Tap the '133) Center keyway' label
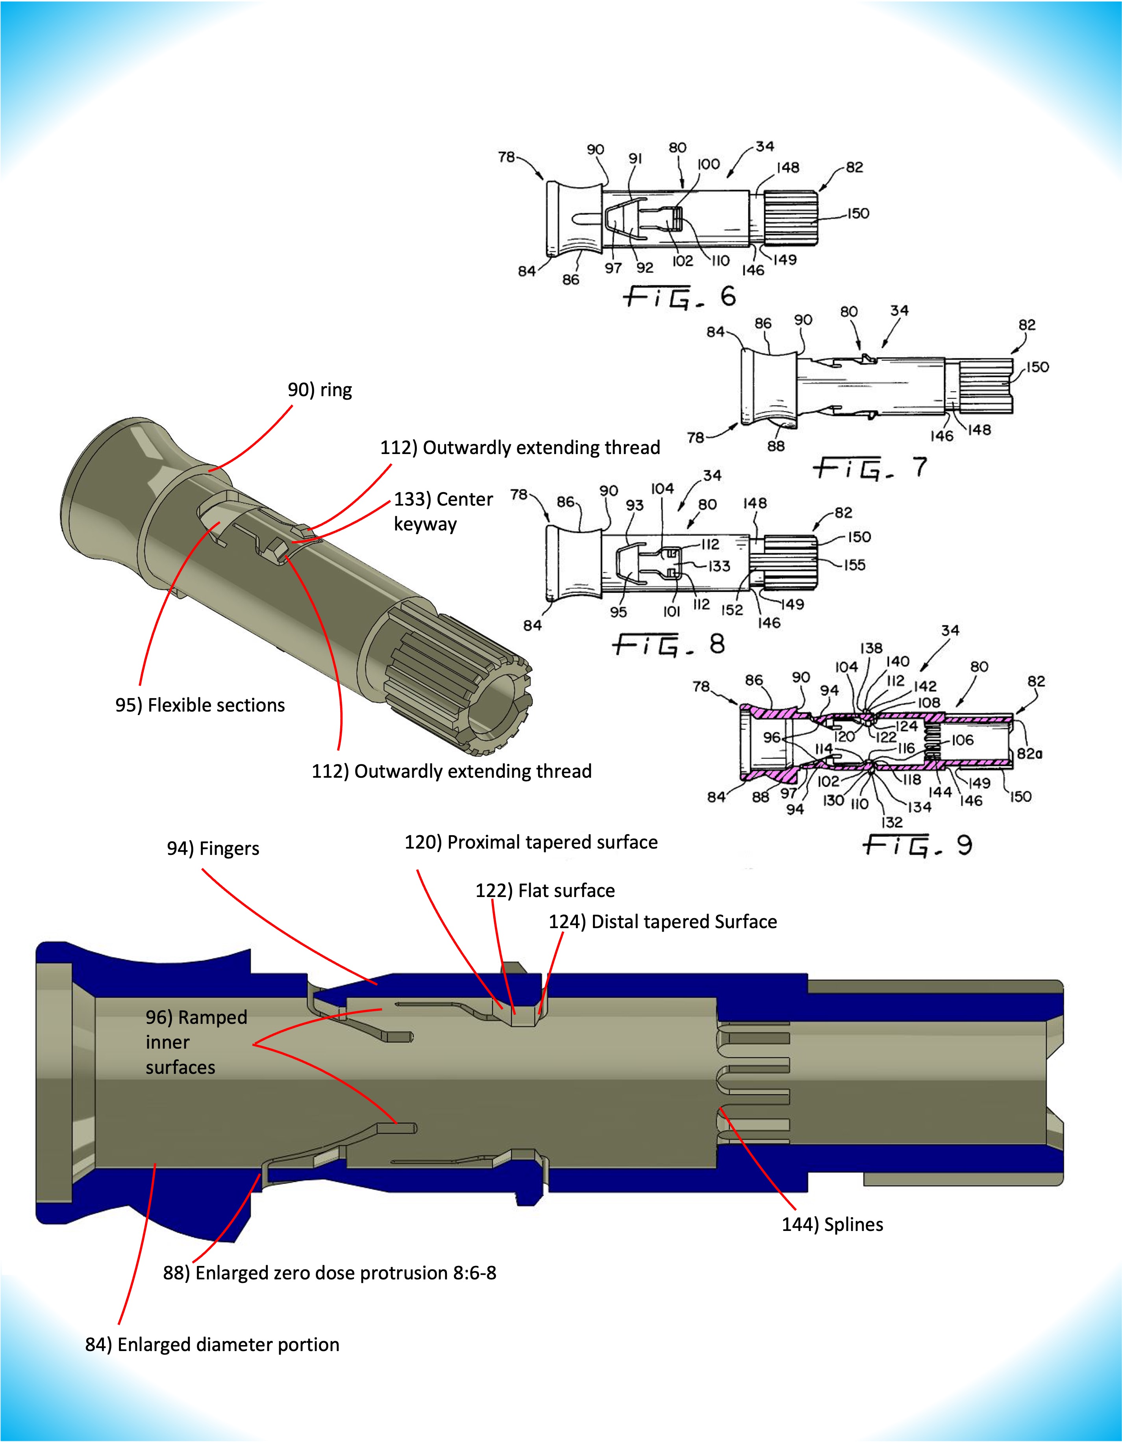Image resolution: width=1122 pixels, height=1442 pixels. [443, 511]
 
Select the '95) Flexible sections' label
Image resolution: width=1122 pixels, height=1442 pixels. [200, 705]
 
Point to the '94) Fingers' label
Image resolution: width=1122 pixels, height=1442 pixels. [213, 849]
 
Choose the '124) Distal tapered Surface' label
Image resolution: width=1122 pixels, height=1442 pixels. [663, 922]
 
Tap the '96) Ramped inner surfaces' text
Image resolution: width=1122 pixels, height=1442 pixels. [196, 1042]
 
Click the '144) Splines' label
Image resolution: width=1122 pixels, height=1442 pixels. [832, 1225]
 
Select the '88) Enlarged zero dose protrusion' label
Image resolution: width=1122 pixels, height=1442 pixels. [330, 1273]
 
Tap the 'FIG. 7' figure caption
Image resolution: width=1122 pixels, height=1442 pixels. [870, 468]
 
